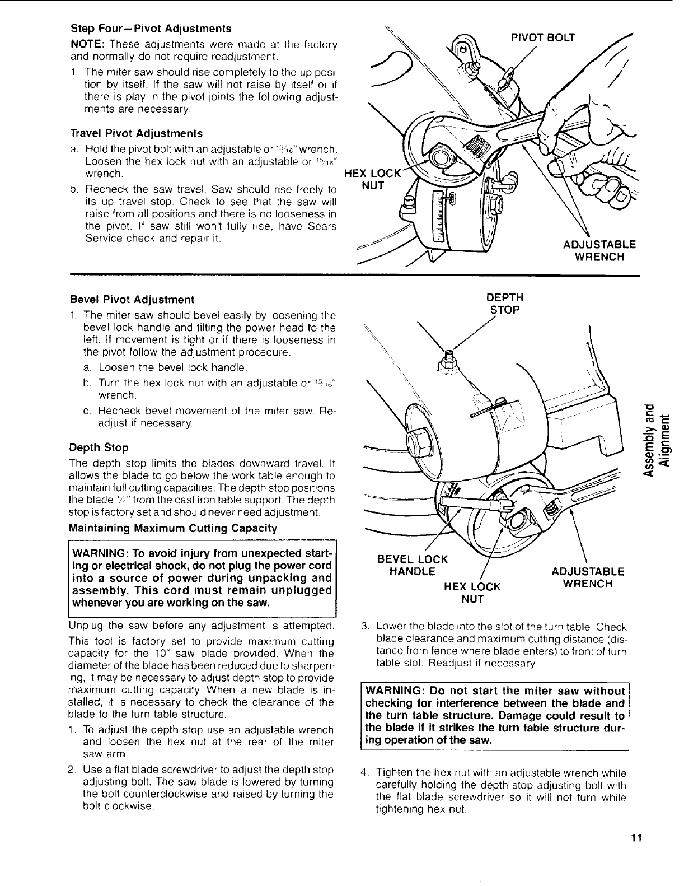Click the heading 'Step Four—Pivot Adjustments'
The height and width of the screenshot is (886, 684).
click(x=151, y=28)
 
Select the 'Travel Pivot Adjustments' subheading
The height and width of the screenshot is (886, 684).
click(x=136, y=134)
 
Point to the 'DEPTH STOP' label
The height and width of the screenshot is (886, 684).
click(x=505, y=303)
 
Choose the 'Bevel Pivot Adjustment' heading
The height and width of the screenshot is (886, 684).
click(x=132, y=299)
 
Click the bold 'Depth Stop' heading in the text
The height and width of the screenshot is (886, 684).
click(x=99, y=447)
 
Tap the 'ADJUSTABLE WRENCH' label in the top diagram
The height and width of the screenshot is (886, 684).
click(x=599, y=250)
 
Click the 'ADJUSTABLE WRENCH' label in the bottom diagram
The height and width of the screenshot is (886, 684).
click(x=588, y=577)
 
